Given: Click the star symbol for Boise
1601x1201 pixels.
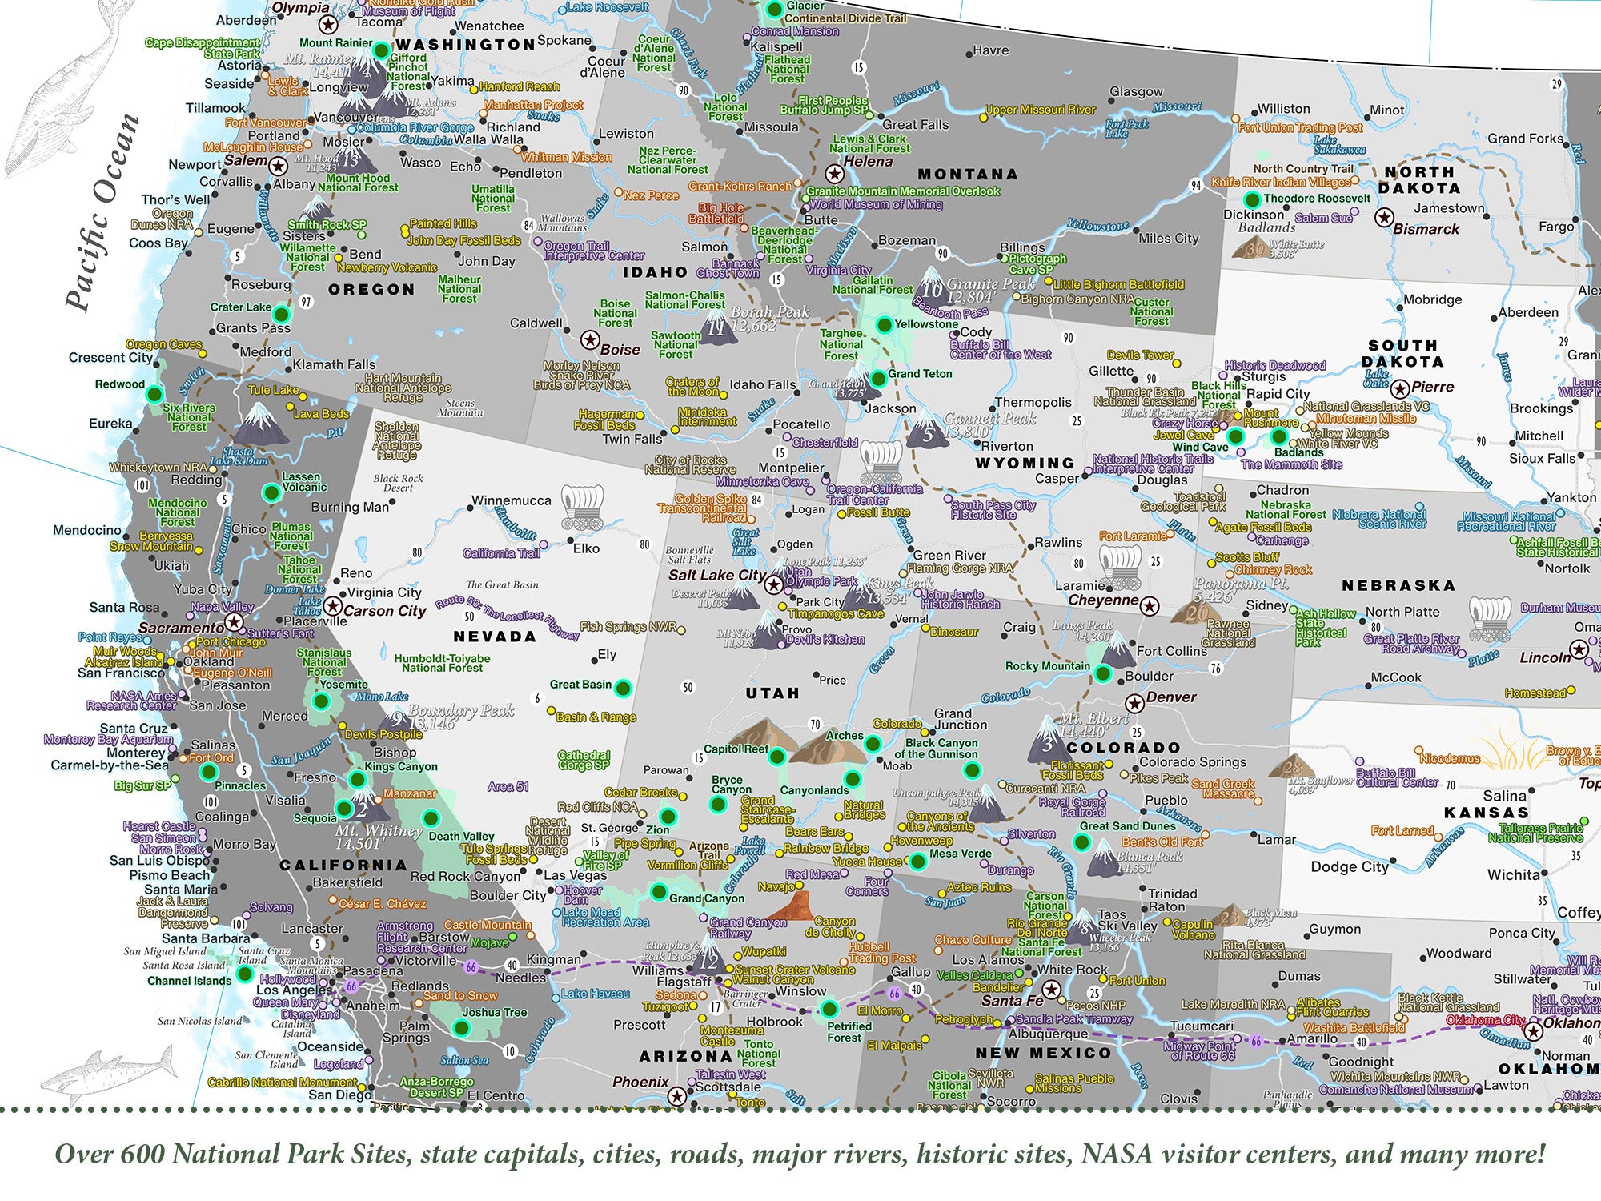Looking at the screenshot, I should coord(590,340).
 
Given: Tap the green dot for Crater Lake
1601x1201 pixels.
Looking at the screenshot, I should coord(281,312).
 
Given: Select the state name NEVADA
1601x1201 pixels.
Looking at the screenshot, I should coord(494,637).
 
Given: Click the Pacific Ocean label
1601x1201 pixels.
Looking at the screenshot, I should coord(102,213).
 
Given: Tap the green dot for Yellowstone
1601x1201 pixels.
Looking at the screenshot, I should coord(884,324).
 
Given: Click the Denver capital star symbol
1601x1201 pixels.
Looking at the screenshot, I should coord(1134,704).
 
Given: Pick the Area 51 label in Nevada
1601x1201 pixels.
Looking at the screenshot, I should coord(508,787).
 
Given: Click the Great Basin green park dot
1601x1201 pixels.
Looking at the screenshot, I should coord(623,687).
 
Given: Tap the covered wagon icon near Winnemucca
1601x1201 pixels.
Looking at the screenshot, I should coord(580,508).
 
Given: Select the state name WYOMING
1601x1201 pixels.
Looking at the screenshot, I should coord(1025,463).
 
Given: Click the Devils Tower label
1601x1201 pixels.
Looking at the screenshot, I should coord(1140,355).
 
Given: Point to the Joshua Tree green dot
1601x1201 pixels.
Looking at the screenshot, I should coord(460,1027).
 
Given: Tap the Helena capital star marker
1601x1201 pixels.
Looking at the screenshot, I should coord(834,174).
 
